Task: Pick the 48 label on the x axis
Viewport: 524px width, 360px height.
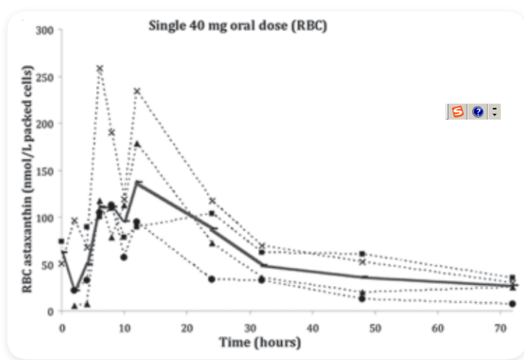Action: [364, 326]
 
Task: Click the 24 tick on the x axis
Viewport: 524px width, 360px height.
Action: [212, 326]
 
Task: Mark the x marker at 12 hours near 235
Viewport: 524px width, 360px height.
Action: [137, 91]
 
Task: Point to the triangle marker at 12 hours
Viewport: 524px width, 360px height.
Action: [137, 143]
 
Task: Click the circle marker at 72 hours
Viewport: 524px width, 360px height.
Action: [512, 304]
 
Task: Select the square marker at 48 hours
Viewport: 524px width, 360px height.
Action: [362, 254]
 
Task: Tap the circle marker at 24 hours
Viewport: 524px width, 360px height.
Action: [212, 279]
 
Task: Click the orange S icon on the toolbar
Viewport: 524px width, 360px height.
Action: [458, 112]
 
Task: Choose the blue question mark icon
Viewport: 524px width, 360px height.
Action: [478, 112]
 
